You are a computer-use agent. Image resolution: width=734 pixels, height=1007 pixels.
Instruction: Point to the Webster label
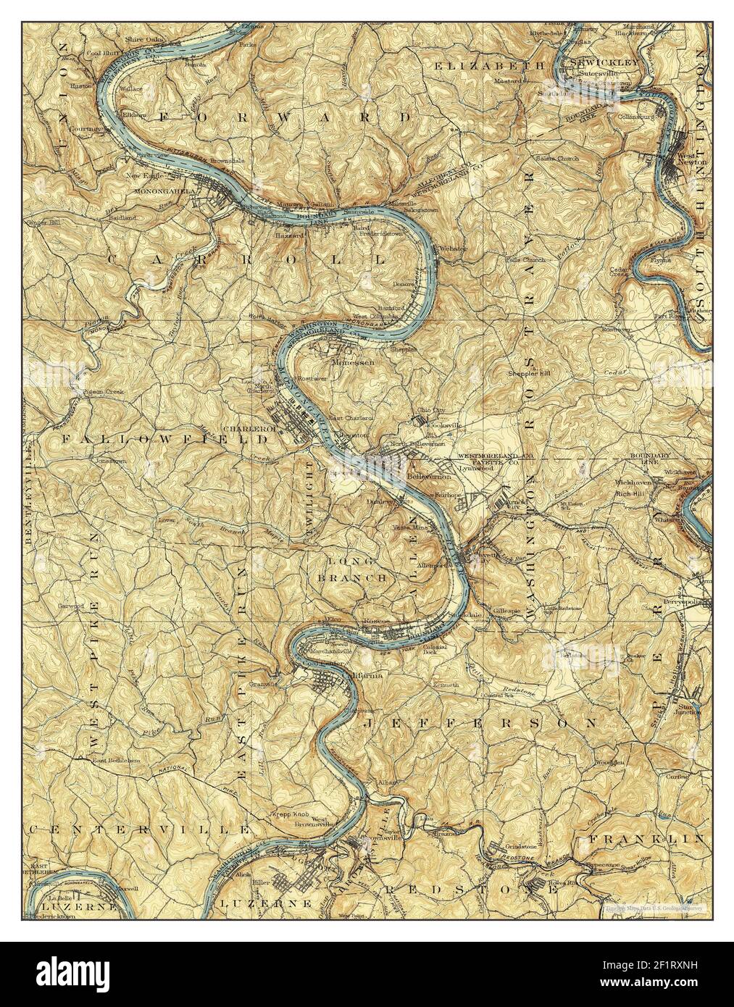click(453, 248)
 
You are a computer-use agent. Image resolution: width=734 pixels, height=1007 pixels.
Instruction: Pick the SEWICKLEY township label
click(605, 63)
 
